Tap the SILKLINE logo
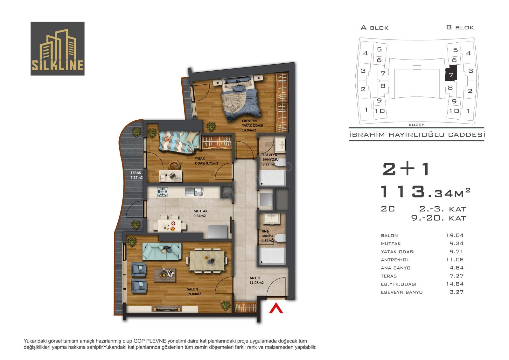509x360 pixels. point(58,48)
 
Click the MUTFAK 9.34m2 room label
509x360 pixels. point(200,213)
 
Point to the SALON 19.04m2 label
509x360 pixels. point(194,291)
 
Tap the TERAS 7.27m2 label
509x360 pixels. point(136,175)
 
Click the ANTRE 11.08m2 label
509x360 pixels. point(256,280)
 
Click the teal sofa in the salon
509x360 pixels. point(162,251)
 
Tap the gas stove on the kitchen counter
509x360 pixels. point(162,192)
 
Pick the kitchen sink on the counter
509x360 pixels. point(194,192)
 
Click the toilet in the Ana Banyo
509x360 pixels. point(280,238)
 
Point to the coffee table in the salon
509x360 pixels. point(164,275)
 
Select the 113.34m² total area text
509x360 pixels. point(425,192)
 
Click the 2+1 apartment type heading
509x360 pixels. point(406,169)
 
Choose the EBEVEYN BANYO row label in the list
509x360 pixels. point(401,292)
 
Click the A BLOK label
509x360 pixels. point(374,28)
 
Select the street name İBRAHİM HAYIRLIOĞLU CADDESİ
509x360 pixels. point(417,135)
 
